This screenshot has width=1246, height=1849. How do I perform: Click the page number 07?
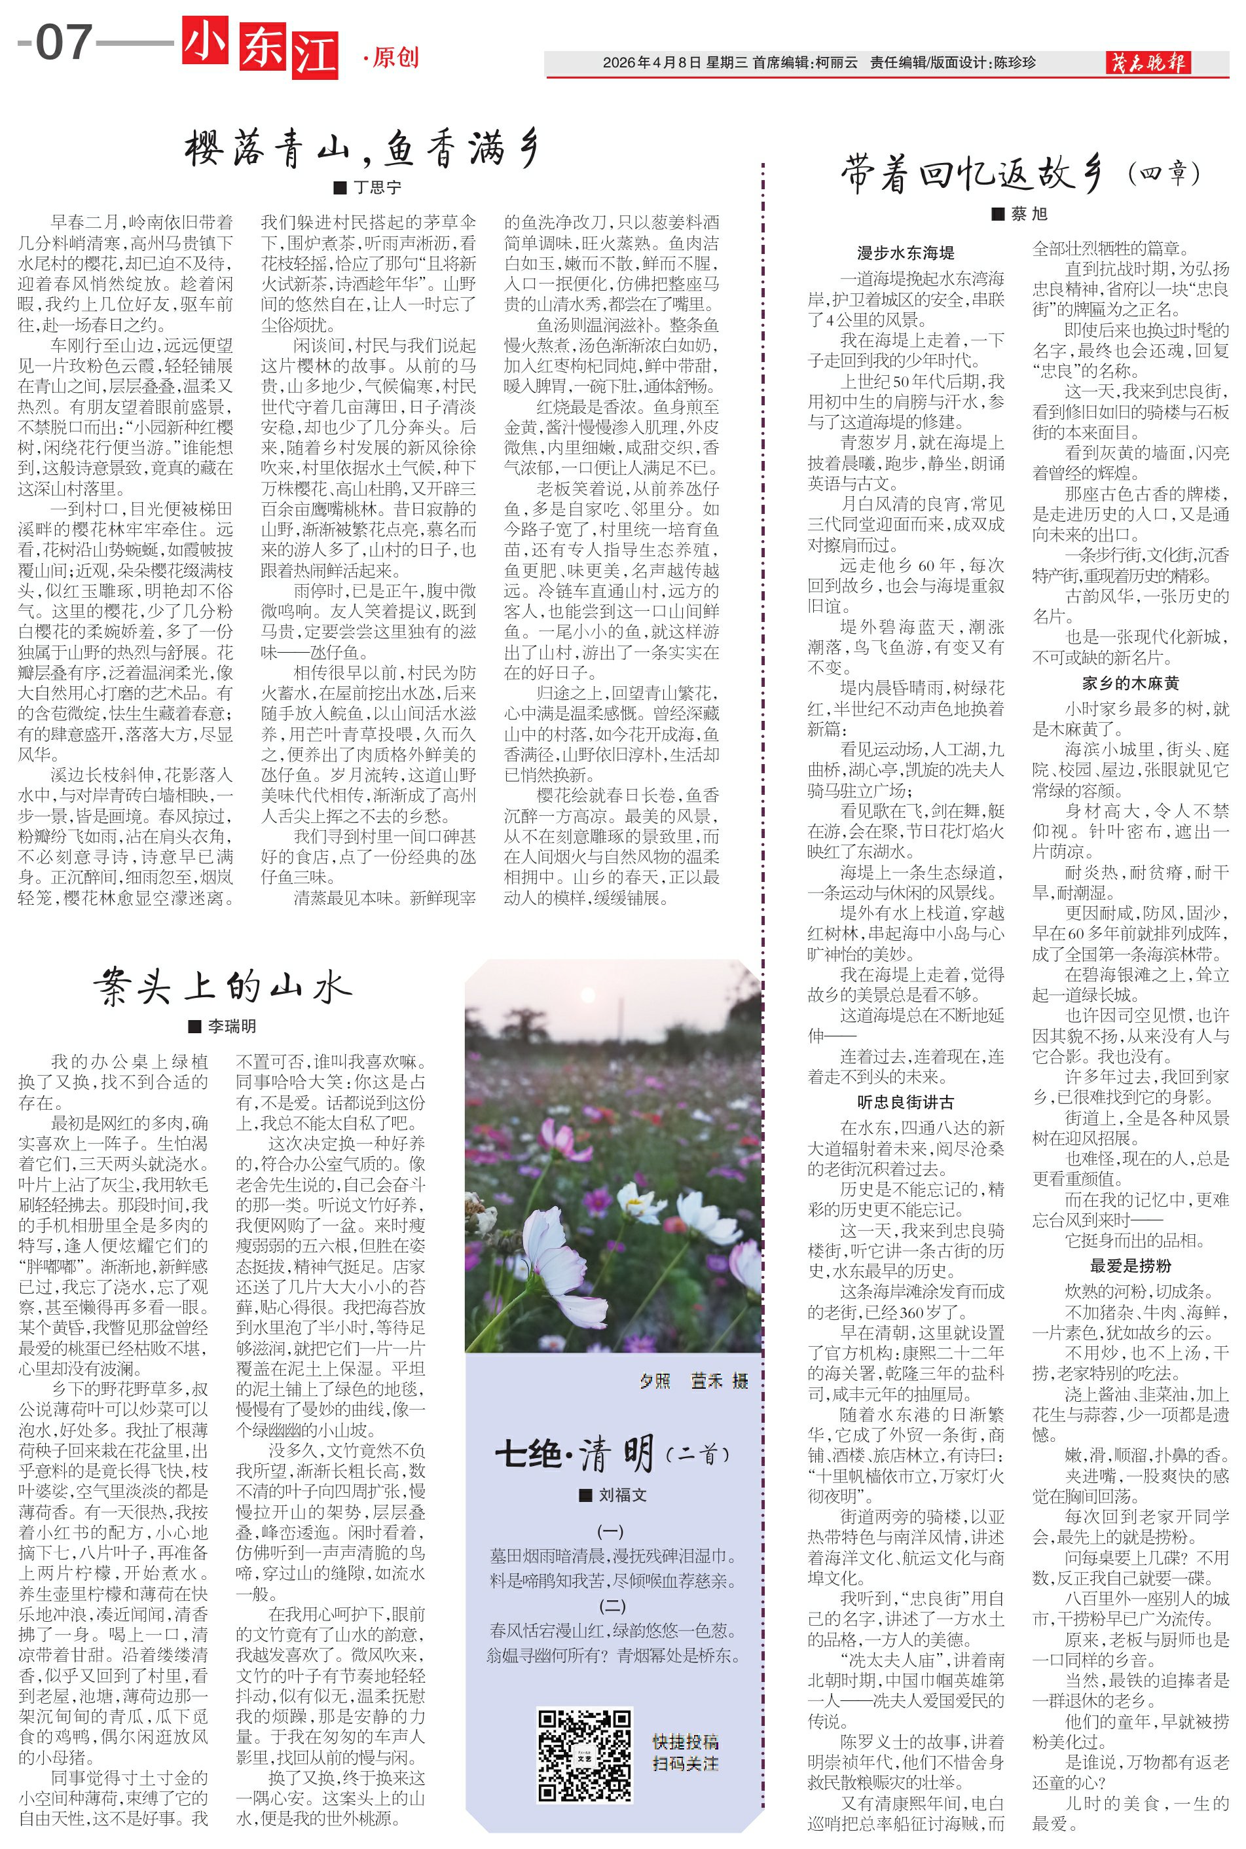(64, 42)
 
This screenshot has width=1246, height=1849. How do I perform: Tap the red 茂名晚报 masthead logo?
(1148, 63)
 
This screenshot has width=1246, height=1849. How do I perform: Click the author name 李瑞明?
(231, 1027)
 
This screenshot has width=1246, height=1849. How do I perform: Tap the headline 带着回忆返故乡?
(972, 174)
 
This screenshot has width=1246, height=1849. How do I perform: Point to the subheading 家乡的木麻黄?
(1130, 682)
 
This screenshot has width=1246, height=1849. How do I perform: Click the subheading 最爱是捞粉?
(1130, 1265)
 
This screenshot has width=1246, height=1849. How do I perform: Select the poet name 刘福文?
(622, 1495)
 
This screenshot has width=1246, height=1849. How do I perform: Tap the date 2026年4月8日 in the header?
(651, 63)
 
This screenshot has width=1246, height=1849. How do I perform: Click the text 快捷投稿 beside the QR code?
(685, 1742)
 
